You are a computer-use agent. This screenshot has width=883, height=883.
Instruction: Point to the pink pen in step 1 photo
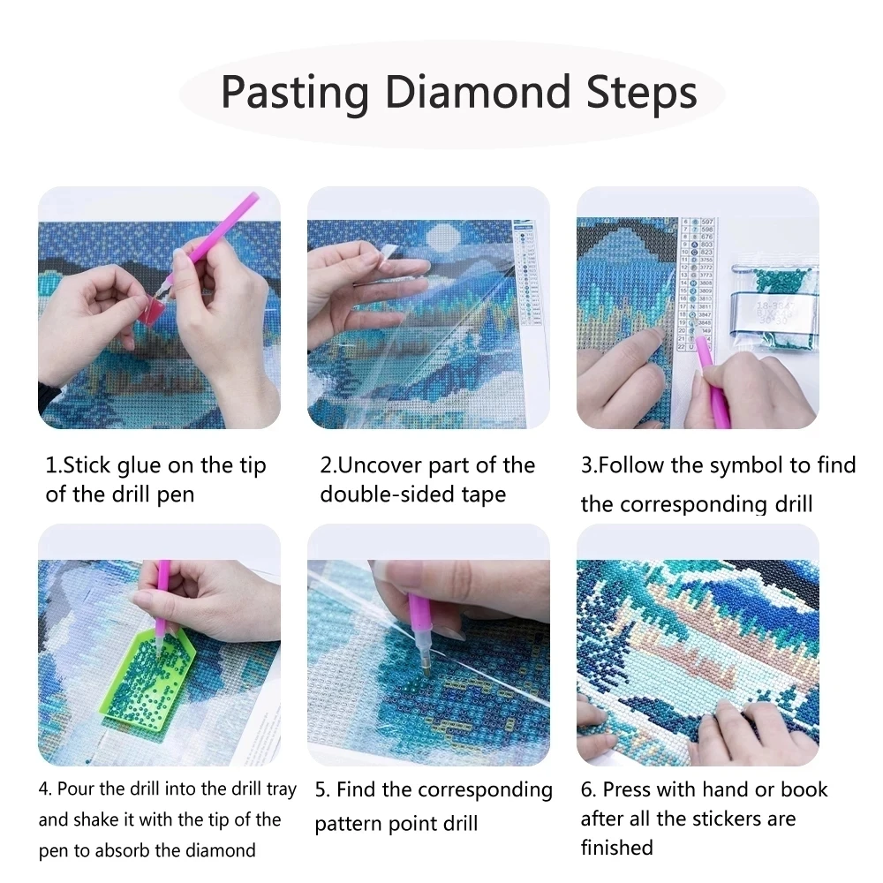pyautogui.click(x=221, y=232)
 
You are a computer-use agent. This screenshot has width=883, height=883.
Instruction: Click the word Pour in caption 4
pyautogui.click(x=74, y=789)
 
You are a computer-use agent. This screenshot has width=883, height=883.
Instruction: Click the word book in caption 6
pyautogui.click(x=803, y=789)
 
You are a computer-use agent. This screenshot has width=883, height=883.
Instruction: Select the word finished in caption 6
pyautogui.click(x=616, y=848)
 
